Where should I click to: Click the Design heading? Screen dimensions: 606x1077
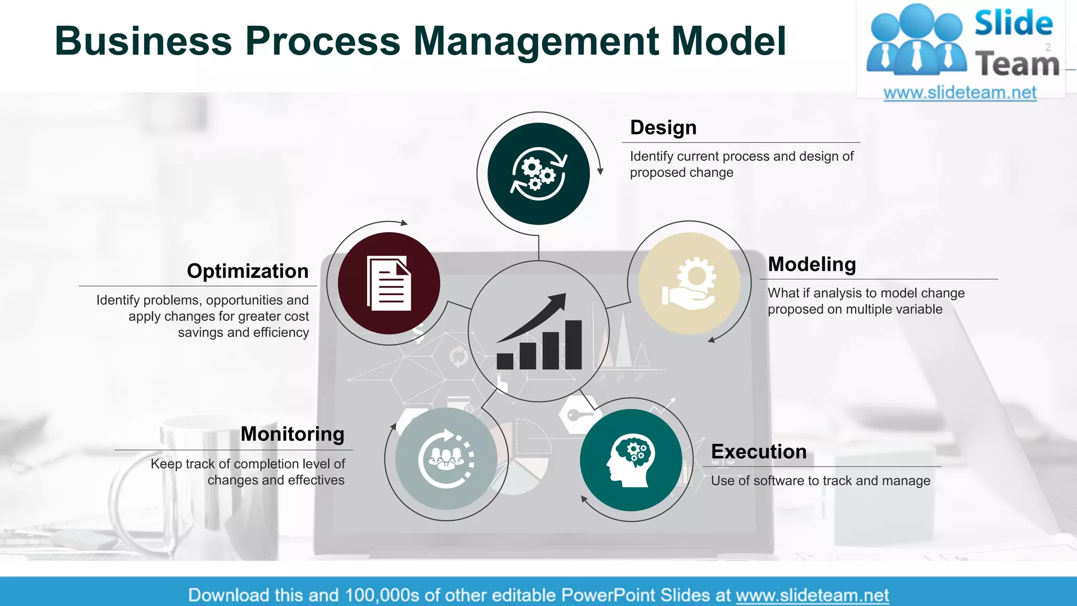click(663, 128)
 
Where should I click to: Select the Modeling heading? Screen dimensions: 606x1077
click(811, 264)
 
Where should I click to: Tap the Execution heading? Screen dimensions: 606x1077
click(758, 452)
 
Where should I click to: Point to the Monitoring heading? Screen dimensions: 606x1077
click(292, 434)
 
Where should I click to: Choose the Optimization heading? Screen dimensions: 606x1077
click(248, 271)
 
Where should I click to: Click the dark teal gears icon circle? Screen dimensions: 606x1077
click(538, 174)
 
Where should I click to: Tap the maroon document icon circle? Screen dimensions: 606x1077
click(389, 283)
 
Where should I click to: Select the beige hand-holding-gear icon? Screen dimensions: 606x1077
click(689, 283)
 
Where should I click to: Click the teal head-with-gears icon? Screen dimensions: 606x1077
click(631, 460)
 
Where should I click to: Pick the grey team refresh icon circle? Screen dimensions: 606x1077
click(446, 459)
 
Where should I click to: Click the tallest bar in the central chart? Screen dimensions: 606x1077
click(573, 345)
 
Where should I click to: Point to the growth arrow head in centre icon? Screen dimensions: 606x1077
click(559, 301)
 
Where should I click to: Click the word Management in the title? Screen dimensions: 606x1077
click(536, 41)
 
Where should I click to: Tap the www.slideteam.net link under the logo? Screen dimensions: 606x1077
click(960, 93)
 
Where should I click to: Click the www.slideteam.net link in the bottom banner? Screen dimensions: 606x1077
click(812, 595)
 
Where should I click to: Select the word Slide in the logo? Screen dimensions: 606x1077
click(1013, 23)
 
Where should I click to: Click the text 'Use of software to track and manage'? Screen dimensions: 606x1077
click(820, 481)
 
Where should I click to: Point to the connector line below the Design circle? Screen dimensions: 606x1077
click(538, 247)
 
